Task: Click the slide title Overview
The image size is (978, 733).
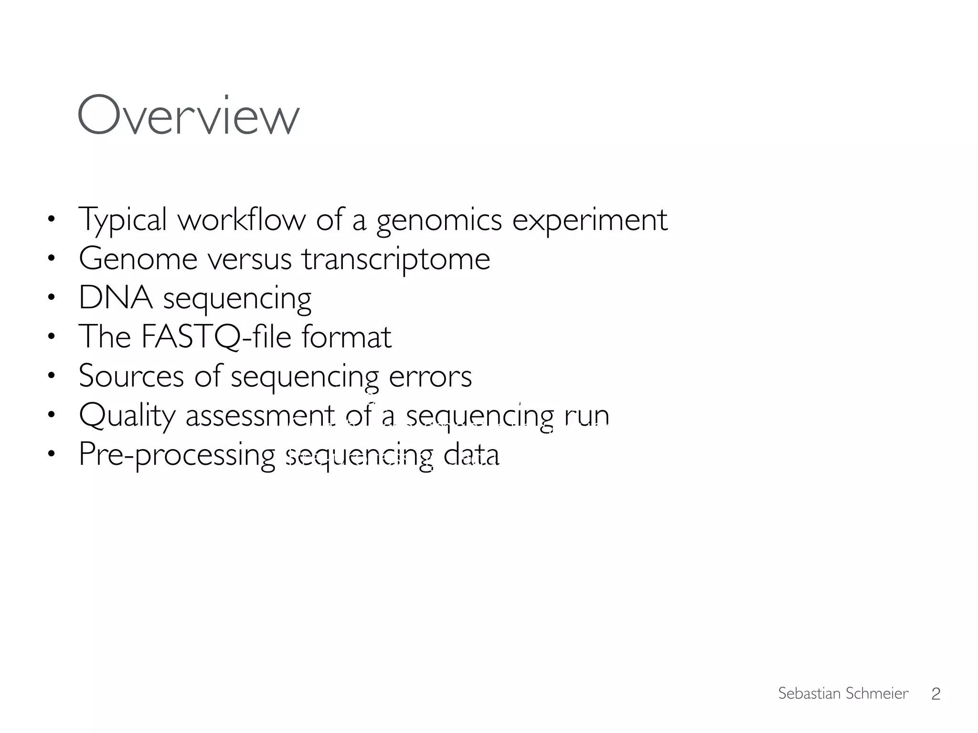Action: [x=188, y=116]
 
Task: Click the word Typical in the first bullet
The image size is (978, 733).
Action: [x=122, y=220]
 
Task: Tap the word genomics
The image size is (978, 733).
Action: [x=439, y=220]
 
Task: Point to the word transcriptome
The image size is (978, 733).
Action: [x=396, y=260]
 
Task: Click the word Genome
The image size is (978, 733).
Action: [x=138, y=259]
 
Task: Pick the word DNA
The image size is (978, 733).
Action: [x=116, y=298]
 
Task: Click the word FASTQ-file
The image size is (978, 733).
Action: [x=216, y=337]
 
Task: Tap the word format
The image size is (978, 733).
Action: [x=346, y=337]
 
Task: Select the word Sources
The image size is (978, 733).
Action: [x=131, y=376]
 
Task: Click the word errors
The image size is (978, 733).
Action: [x=430, y=376]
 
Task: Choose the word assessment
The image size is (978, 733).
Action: [x=260, y=415]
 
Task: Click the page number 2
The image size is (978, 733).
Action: [x=935, y=694]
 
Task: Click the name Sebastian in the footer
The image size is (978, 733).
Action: [x=807, y=693]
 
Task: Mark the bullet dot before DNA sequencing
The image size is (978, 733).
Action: [x=52, y=298]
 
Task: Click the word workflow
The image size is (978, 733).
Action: [x=241, y=220]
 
